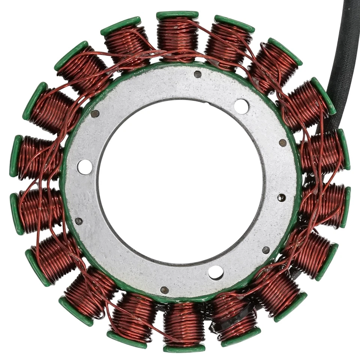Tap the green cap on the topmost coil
177,15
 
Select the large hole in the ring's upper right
241,106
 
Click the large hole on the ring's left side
85,167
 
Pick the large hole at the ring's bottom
216,272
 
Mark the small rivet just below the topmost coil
198,74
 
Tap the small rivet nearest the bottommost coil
164,290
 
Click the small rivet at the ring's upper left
95,114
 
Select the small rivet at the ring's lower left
78,221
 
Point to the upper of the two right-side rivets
283,143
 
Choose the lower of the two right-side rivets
281,198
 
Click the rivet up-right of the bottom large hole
265,250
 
